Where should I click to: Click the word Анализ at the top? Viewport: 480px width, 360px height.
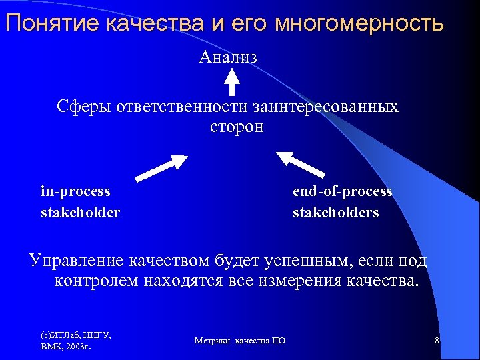coord(228,57)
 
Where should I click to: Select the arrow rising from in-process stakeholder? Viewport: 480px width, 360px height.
coord(162,167)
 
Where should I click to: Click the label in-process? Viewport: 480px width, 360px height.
coord(75,191)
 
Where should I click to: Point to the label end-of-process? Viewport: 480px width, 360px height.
coord(342,191)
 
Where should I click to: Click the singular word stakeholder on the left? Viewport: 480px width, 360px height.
coord(80,213)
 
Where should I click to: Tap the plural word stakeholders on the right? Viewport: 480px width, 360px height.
coord(335,213)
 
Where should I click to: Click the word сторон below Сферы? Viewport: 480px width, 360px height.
coord(237,127)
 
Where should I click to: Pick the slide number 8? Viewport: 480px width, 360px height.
coord(436,341)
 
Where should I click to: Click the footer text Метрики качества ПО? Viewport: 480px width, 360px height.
coord(240,341)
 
